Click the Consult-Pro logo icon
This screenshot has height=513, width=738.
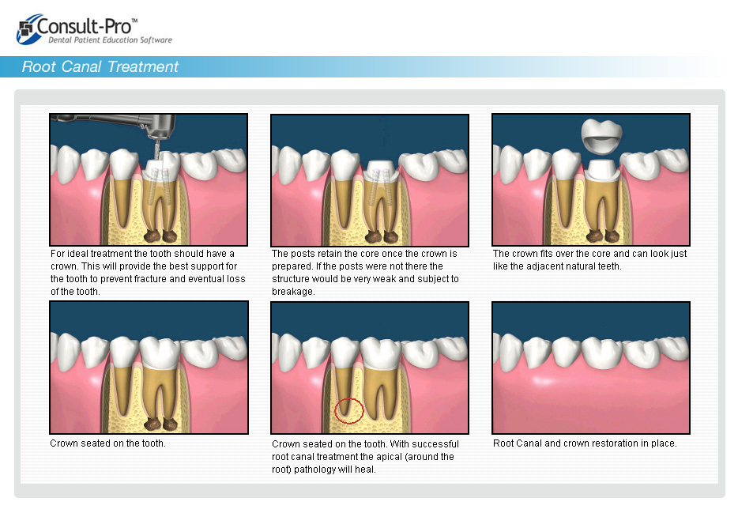click(26, 29)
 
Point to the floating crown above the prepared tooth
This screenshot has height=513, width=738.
click(601, 137)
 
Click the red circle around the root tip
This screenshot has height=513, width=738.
click(349, 410)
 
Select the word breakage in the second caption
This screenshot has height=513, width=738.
click(292, 292)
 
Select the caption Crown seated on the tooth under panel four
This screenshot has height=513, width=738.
click(107, 443)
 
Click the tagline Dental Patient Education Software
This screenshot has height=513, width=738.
click(110, 40)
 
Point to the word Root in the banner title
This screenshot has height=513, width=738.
click(40, 67)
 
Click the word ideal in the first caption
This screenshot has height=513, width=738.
click(77, 254)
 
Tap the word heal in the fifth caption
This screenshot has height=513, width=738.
click(366, 470)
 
